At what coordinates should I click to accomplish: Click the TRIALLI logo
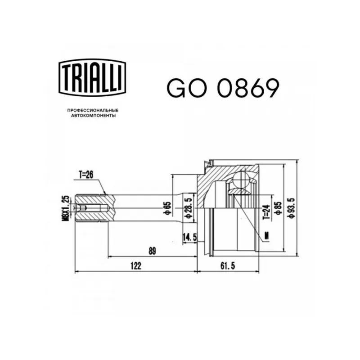(x=93, y=77)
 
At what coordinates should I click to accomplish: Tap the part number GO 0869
(x=223, y=88)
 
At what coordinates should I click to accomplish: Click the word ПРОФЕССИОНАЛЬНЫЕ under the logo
(x=93, y=110)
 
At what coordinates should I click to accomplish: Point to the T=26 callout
(x=86, y=175)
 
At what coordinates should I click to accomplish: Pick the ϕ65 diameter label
(x=168, y=208)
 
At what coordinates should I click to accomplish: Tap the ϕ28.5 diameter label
(x=188, y=208)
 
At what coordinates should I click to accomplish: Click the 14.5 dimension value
(x=189, y=238)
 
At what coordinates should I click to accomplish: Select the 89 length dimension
(x=152, y=251)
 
